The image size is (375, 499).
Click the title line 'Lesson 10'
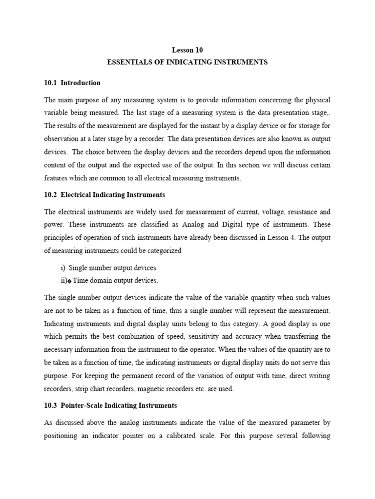pos(187,50)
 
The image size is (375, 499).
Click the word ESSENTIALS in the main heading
pos(128,62)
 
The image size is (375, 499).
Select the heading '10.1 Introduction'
pos(72,83)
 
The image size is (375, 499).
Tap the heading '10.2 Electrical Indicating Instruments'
pos(104,195)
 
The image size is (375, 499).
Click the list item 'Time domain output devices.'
pos(116,281)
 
